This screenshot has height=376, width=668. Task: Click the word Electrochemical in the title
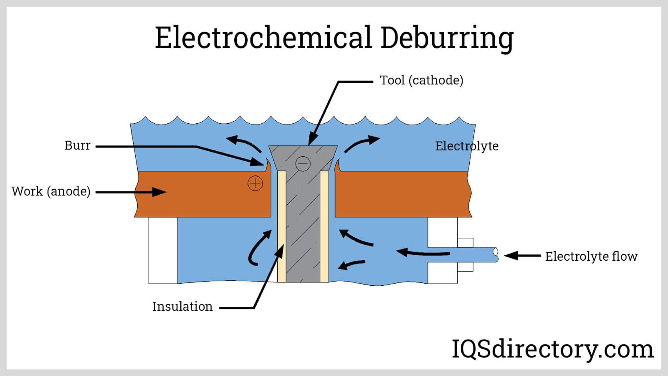(263, 38)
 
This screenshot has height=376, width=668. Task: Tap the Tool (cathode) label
(421, 80)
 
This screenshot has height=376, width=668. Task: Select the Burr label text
(77, 145)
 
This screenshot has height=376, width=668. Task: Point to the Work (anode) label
(51, 191)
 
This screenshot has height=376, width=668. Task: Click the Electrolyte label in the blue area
(466, 146)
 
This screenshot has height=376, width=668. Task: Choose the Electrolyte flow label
(591, 256)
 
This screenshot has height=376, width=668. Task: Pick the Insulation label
(182, 306)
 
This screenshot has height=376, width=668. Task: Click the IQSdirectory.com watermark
(552, 349)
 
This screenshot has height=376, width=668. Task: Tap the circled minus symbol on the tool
(303, 163)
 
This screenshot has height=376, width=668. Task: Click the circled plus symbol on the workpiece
(255, 183)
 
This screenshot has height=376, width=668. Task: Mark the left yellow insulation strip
(282, 226)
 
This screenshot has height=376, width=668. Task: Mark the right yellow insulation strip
(324, 226)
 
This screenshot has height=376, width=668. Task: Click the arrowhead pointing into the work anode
(159, 192)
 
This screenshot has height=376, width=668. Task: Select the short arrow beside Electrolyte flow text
(522, 256)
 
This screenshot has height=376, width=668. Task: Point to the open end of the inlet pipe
(496, 252)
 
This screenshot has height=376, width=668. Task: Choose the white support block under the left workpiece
(163, 250)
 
